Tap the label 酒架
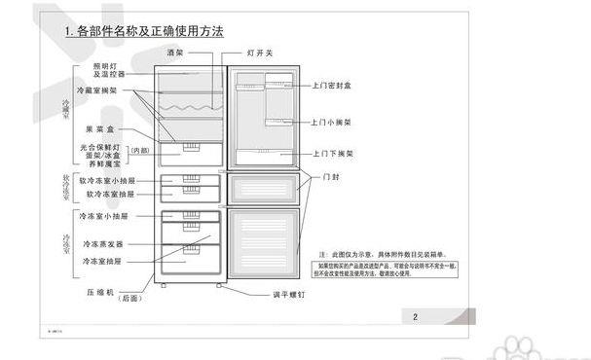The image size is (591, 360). click(x=175, y=52)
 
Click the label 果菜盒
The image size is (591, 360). click(x=100, y=128)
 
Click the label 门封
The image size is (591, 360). click(x=332, y=177)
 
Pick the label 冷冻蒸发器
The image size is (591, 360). click(x=103, y=243)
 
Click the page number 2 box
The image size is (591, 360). click(x=415, y=316)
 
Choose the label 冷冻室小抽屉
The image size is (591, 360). click(x=103, y=215)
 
